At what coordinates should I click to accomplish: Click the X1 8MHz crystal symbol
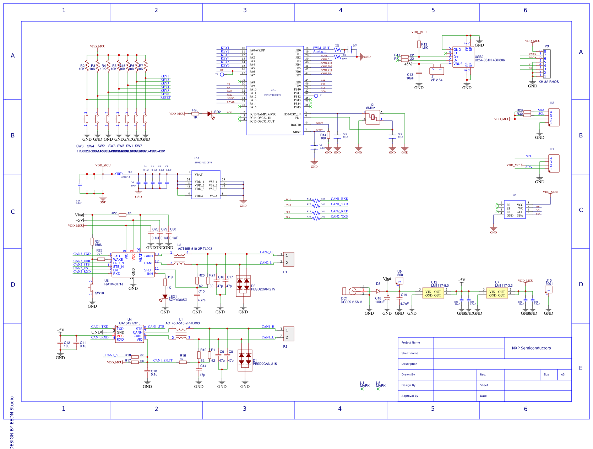tap(372, 117)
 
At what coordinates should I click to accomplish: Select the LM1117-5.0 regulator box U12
tap(433, 293)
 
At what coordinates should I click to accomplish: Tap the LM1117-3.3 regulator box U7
tap(497, 293)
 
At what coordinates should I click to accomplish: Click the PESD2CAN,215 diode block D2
tap(243, 286)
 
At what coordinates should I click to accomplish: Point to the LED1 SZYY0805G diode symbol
tap(165, 297)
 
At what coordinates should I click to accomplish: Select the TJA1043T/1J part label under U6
tap(113, 284)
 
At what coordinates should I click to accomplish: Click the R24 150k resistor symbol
tap(92, 242)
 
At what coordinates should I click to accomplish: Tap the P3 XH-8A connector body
tap(547, 64)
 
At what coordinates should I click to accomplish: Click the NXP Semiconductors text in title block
tap(531, 348)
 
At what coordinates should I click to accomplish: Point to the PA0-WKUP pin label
tap(257, 50)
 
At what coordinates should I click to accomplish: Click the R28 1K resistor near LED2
tap(195, 114)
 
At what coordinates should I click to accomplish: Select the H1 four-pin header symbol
tap(554, 163)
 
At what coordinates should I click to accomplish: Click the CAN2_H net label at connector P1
tap(266, 252)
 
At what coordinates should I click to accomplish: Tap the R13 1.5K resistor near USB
tap(419, 44)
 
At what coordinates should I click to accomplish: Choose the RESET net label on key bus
tap(165, 98)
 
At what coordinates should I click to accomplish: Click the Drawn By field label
tap(408, 374)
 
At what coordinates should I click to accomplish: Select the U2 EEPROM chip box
tap(515, 210)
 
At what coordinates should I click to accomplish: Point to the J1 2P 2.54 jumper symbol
tap(436, 71)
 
